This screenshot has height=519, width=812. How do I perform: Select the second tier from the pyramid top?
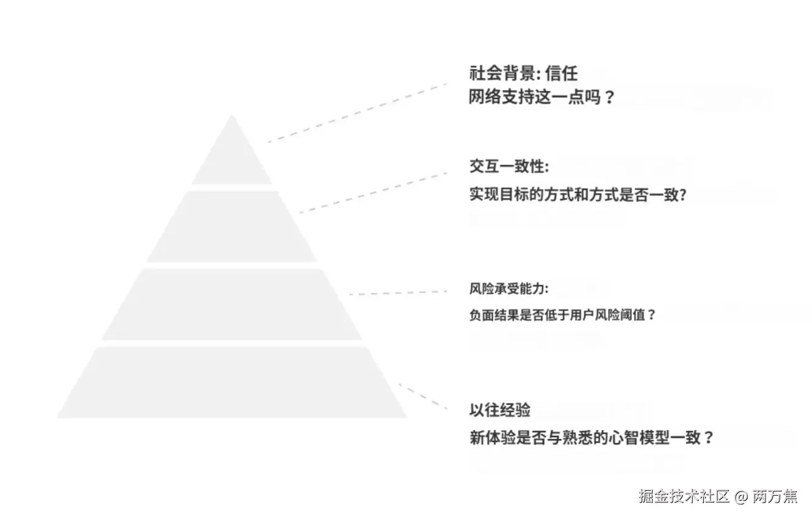[232, 227]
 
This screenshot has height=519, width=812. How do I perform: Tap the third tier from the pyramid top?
[232, 304]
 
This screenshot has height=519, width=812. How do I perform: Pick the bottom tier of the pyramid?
[232, 382]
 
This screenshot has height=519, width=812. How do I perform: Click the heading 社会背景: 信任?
[523, 74]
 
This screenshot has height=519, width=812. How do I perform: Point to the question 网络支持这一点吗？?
[541, 98]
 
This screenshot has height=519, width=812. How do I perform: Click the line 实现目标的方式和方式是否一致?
[578, 195]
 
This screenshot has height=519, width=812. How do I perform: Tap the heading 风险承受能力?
[509, 289]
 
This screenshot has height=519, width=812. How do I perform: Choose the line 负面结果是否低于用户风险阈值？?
[562, 315]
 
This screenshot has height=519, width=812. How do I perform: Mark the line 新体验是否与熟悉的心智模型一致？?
[591, 438]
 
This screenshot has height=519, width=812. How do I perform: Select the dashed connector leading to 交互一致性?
[372, 192]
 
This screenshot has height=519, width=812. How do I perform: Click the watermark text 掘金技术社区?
[684, 496]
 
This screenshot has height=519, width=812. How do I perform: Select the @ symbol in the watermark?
[741, 496]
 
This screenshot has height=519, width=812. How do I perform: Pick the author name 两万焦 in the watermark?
[774, 496]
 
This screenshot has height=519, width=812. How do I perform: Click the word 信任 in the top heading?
[561, 74]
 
